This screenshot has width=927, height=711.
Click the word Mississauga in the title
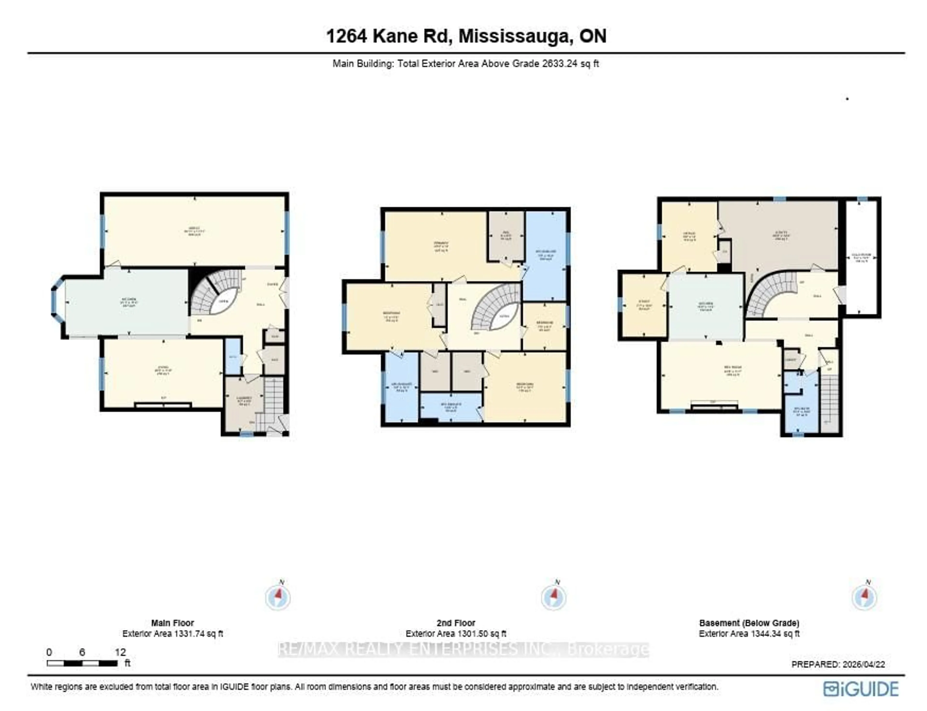point(514,36)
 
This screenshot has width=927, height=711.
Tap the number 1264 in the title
point(346,36)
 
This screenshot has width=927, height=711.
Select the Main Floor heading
point(173,623)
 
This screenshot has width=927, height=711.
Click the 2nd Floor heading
point(456,623)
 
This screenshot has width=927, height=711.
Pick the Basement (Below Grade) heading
point(749,623)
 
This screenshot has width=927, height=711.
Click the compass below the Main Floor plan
point(278,597)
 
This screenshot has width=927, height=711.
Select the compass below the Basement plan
point(864,597)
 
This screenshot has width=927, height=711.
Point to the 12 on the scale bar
point(120,652)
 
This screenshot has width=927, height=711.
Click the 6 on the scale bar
point(82,652)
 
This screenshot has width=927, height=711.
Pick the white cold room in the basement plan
point(861,257)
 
